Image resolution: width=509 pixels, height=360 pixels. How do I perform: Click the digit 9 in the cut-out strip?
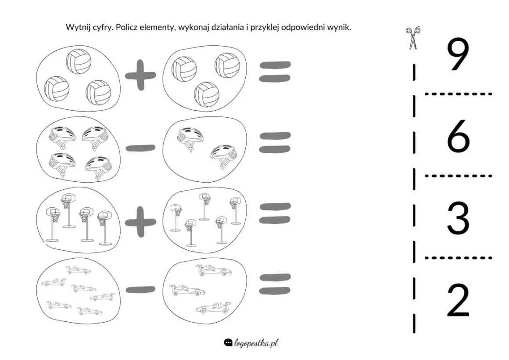[x=458, y=54]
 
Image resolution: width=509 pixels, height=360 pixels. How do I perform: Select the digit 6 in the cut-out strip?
[x=458, y=136]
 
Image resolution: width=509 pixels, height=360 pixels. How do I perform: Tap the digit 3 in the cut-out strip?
[x=458, y=218]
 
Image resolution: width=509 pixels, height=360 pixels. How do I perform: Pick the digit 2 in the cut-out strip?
[x=458, y=300]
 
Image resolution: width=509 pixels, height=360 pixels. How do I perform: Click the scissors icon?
[x=412, y=38]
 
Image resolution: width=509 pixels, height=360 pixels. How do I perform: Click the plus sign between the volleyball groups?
[x=140, y=75]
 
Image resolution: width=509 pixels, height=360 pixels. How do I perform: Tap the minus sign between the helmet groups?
[x=140, y=148]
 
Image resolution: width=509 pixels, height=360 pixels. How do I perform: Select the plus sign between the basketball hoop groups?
[x=140, y=222]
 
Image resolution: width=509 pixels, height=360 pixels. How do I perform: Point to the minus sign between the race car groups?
[x=140, y=289]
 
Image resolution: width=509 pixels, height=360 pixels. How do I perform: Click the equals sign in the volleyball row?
[x=275, y=72]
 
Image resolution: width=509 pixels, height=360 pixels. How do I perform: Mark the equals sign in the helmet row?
[x=275, y=142]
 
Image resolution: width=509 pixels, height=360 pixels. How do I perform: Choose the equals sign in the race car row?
[x=275, y=284]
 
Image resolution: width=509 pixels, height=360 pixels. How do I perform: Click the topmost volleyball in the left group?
[x=79, y=61]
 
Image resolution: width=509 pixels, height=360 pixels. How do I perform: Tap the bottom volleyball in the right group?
[x=207, y=94]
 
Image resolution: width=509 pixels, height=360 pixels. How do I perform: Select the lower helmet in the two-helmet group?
[x=222, y=156]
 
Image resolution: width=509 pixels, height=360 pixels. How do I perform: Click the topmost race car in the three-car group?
[x=214, y=270]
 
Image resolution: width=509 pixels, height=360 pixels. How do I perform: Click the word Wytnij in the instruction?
[x=76, y=27]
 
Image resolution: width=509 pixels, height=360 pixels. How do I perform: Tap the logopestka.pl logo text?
[x=256, y=343]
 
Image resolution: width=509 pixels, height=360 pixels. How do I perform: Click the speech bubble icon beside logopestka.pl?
[x=228, y=342]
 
